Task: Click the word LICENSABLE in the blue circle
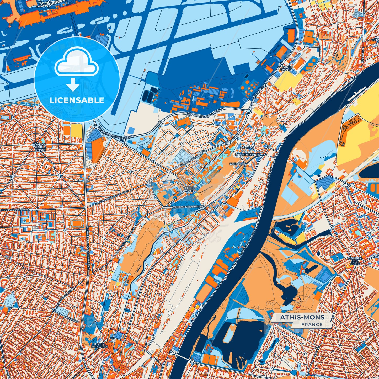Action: pyautogui.click(x=77, y=100)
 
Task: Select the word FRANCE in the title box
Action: pyautogui.click(x=312, y=324)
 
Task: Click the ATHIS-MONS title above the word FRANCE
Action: pyautogui.click(x=302, y=317)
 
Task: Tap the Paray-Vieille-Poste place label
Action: pyautogui.click(x=40, y=147)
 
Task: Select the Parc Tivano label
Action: pyautogui.click(x=286, y=68)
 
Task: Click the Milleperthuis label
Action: pyautogui.click(x=248, y=155)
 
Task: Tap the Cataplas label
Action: pyautogui.click(x=238, y=164)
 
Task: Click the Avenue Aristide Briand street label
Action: pyautogui.click(x=186, y=207)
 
